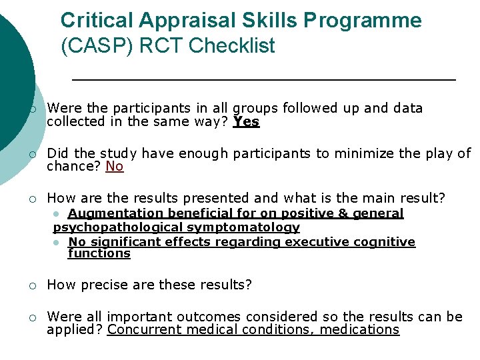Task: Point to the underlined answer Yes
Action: point(246,122)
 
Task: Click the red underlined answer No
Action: point(115,167)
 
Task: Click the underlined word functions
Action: point(99,253)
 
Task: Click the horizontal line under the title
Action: point(263,79)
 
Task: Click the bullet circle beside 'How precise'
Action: point(31,286)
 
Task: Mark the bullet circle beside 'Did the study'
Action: point(31,155)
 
